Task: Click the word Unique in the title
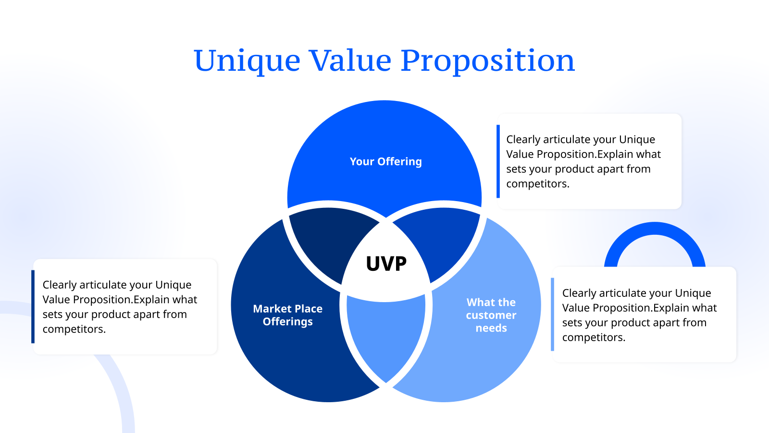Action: [247, 61]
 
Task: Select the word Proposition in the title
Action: [487, 61]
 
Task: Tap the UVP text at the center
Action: [386, 264]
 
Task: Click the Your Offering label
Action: [385, 162]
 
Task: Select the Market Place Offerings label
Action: [287, 315]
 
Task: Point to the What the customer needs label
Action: [491, 315]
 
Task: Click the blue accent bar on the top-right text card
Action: [498, 161]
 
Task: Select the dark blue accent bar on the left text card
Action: [33, 306]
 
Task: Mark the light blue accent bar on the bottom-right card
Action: [552, 314]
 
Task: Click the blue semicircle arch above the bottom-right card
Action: [655, 230]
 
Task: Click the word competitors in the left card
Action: [74, 329]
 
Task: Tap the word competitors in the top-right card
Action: [537, 184]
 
